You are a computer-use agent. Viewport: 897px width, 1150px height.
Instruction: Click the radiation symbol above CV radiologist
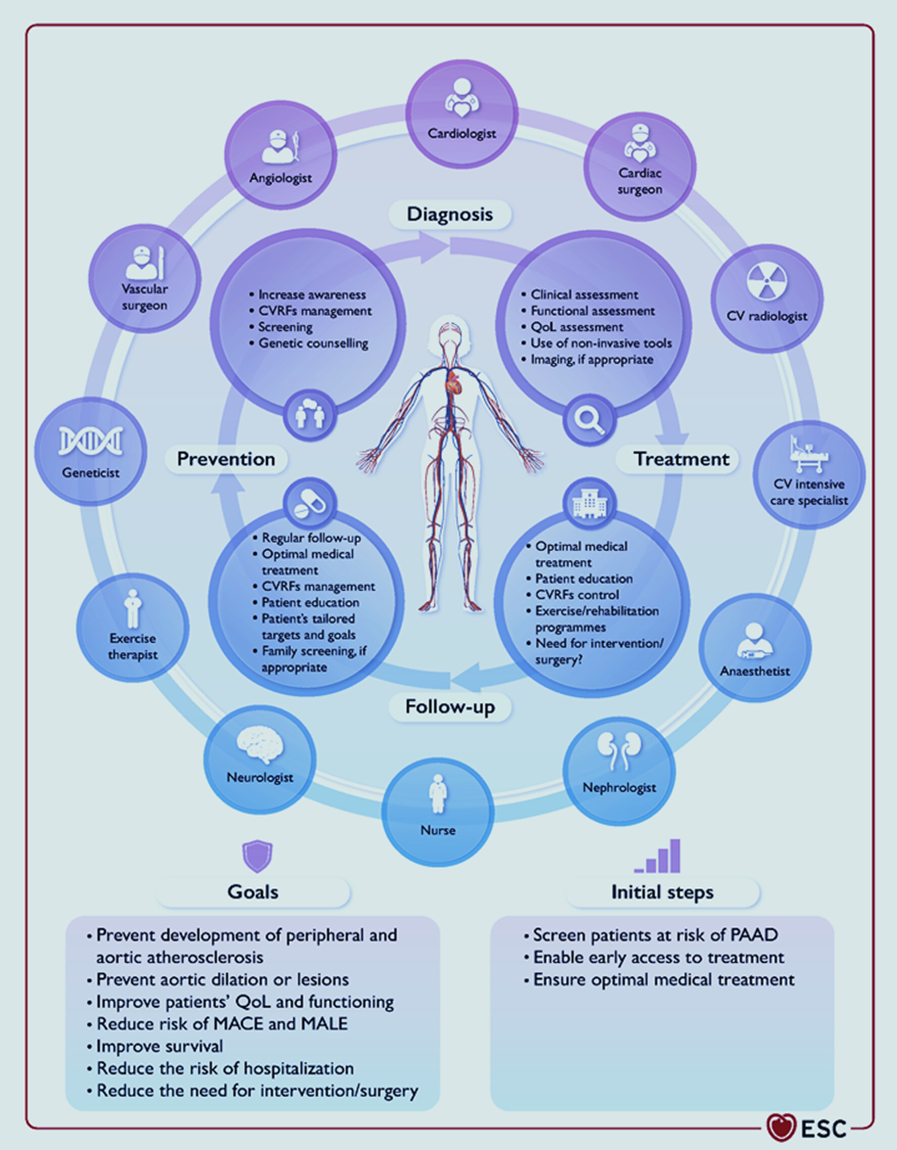click(767, 282)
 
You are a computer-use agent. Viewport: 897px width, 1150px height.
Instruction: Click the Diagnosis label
click(450, 214)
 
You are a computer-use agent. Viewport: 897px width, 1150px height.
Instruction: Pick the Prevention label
click(226, 459)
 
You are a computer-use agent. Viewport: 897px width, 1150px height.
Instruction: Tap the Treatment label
click(681, 459)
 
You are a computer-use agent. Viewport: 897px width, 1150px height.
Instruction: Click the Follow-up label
click(450, 707)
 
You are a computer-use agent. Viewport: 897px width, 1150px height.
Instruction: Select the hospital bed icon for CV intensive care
click(808, 455)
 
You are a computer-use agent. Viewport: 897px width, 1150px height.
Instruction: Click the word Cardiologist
click(461, 134)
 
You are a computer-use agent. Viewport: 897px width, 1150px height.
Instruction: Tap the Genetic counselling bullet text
click(313, 343)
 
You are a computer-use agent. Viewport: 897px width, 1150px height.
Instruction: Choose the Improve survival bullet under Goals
click(160, 1046)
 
